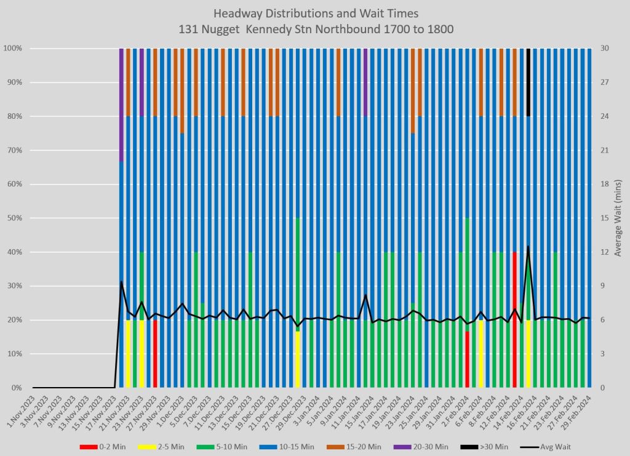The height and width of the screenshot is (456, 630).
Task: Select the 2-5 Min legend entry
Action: point(164,447)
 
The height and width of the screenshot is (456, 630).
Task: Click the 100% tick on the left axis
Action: point(14,48)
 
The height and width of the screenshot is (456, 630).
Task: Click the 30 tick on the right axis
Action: point(605,48)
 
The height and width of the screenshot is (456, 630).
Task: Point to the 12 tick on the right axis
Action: point(605,252)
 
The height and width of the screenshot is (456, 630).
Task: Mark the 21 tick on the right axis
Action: point(605,150)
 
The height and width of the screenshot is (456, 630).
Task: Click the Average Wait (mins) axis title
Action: point(618,218)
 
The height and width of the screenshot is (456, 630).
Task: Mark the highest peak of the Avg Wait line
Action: point(528,246)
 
